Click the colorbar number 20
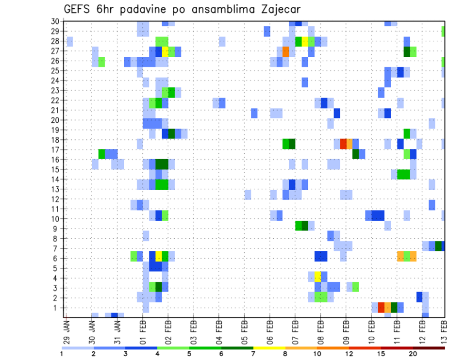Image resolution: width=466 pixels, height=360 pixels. point(413,354)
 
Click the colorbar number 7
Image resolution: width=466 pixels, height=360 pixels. point(253,354)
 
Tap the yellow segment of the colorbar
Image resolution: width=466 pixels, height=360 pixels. point(269,347)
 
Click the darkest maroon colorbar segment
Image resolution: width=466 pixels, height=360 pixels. point(429,347)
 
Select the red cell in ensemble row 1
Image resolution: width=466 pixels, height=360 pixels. point(381,308)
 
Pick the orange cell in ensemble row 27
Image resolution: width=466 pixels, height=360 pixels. point(285,51)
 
